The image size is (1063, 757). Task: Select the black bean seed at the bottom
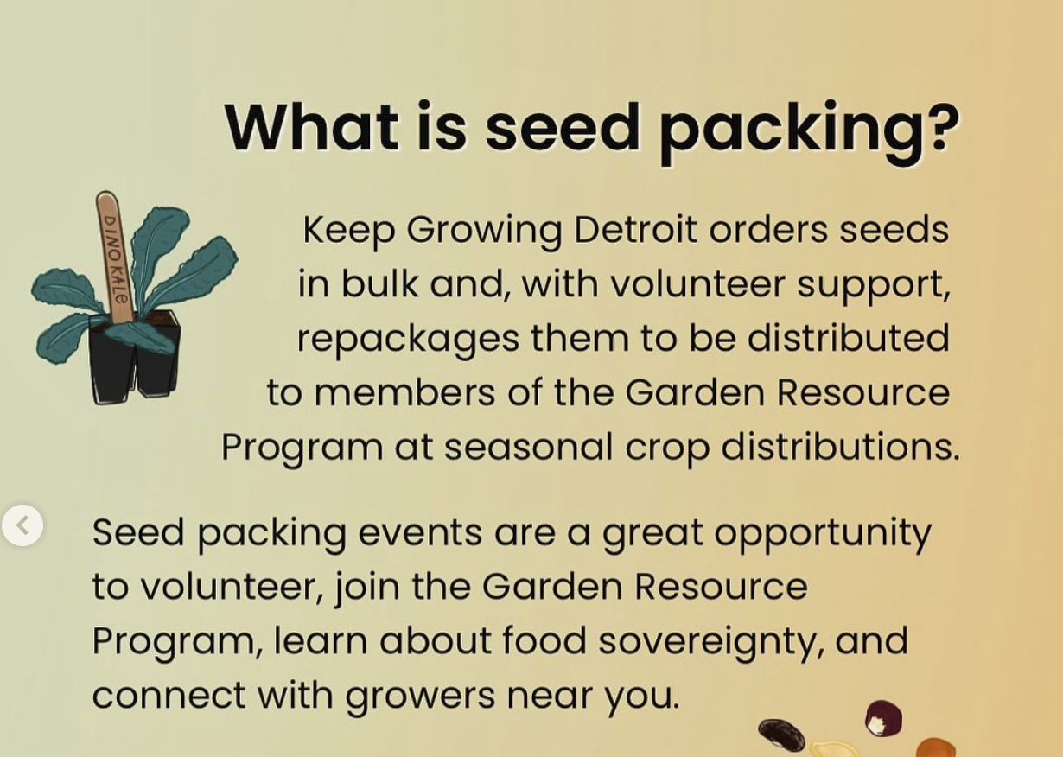tap(781, 735)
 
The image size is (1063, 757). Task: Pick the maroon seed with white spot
tap(883, 718)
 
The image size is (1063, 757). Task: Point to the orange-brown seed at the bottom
tap(935, 747)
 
